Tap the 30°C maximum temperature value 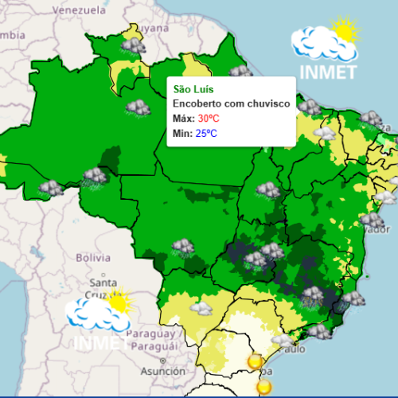(x=209, y=118)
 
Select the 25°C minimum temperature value (x=206, y=133)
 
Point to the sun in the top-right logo (x=345, y=32)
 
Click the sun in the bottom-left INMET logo (x=119, y=302)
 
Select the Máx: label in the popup (x=183, y=118)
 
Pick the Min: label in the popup (x=182, y=133)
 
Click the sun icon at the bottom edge (x=263, y=388)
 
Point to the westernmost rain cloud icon (x=51, y=188)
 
